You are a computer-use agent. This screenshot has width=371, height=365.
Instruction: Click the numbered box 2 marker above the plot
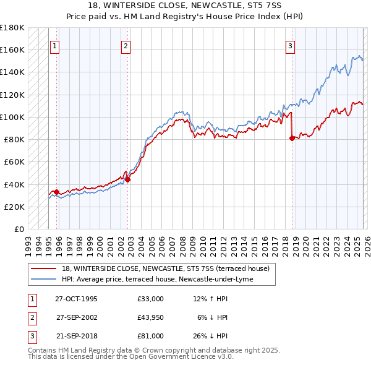(x=126, y=45)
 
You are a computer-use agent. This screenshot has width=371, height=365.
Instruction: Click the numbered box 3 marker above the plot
(x=290, y=45)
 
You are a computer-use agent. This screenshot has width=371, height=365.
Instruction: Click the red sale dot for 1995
(x=56, y=192)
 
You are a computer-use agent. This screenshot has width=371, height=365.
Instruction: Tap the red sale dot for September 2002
(x=128, y=179)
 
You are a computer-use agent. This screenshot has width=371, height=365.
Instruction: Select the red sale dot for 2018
(x=292, y=138)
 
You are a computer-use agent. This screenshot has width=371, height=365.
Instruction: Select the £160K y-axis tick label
(x=12, y=49)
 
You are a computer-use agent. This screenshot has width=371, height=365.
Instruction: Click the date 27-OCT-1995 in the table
(x=76, y=299)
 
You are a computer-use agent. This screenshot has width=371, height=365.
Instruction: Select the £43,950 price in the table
(x=150, y=317)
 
